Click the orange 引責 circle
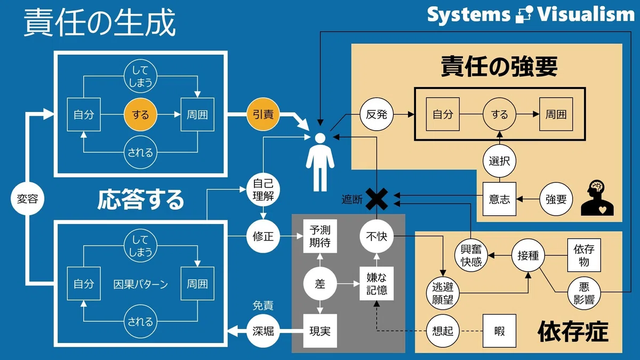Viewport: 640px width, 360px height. coord(263,114)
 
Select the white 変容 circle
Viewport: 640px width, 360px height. coord(27,198)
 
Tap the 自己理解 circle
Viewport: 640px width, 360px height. coord(263,189)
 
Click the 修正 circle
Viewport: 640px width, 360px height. coord(263,236)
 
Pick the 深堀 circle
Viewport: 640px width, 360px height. coord(263,331)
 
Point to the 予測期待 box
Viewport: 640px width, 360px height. coord(320,236)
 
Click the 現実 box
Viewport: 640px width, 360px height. coord(320,331)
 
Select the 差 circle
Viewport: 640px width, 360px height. coord(320,284)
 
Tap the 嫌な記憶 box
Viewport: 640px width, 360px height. coord(377,284)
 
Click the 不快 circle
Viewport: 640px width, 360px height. coord(377,236)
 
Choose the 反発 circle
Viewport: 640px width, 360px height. coord(377,114)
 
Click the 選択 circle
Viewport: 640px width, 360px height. coord(499,161)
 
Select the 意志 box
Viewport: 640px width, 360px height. coord(499,199)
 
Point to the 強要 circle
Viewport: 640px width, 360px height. coord(556,199)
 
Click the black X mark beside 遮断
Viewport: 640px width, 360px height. coord(377,199)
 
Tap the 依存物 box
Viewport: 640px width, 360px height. coord(584,255)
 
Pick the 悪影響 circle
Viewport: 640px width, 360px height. coord(584,293)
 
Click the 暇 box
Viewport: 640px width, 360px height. coord(499,331)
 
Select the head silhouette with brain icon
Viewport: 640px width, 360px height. coord(597,198)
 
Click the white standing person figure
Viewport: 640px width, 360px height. coord(320,162)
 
